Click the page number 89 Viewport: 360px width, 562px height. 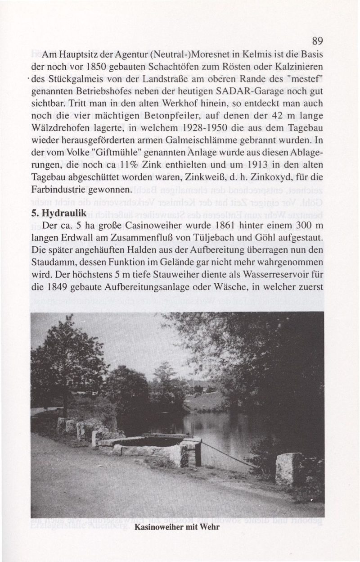318,41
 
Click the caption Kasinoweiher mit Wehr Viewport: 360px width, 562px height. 176,527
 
